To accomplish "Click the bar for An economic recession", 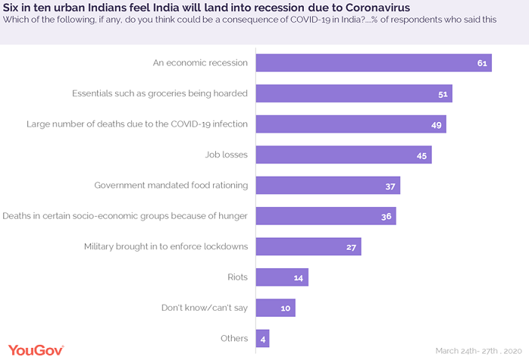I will (374, 63).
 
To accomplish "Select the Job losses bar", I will (343, 155).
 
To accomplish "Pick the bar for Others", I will (262, 338).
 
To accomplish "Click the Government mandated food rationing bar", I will (327, 186).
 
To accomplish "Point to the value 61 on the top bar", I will (481, 63).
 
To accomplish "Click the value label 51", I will (443, 94).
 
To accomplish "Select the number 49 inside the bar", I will (437, 125).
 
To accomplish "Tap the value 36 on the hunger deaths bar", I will (386, 217).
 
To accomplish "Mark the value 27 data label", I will (351, 247).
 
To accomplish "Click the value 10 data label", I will (285, 308).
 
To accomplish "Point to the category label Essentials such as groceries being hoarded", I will (160, 93).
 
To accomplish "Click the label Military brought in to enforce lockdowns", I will (165, 246).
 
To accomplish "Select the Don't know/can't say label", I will (205, 308).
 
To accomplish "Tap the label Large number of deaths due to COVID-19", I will (137, 124).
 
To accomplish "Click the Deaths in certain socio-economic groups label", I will (125, 216).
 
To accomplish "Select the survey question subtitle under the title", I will (249, 20).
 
